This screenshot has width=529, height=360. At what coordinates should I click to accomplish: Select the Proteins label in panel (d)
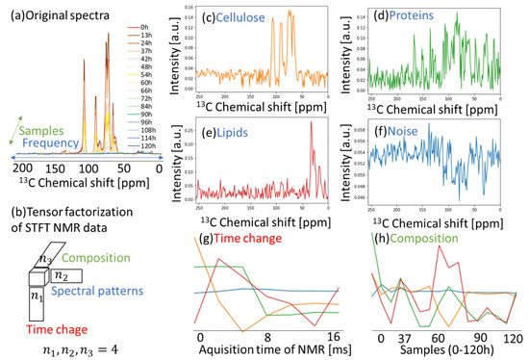pos(401,18)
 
